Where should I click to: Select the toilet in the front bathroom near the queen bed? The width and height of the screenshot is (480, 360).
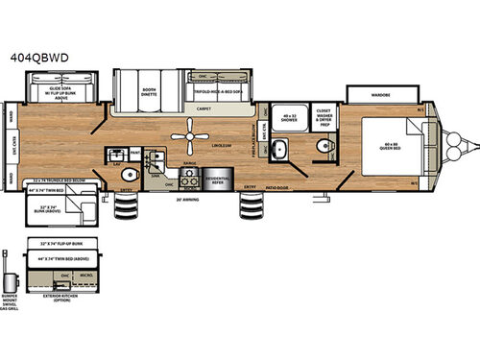323,147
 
